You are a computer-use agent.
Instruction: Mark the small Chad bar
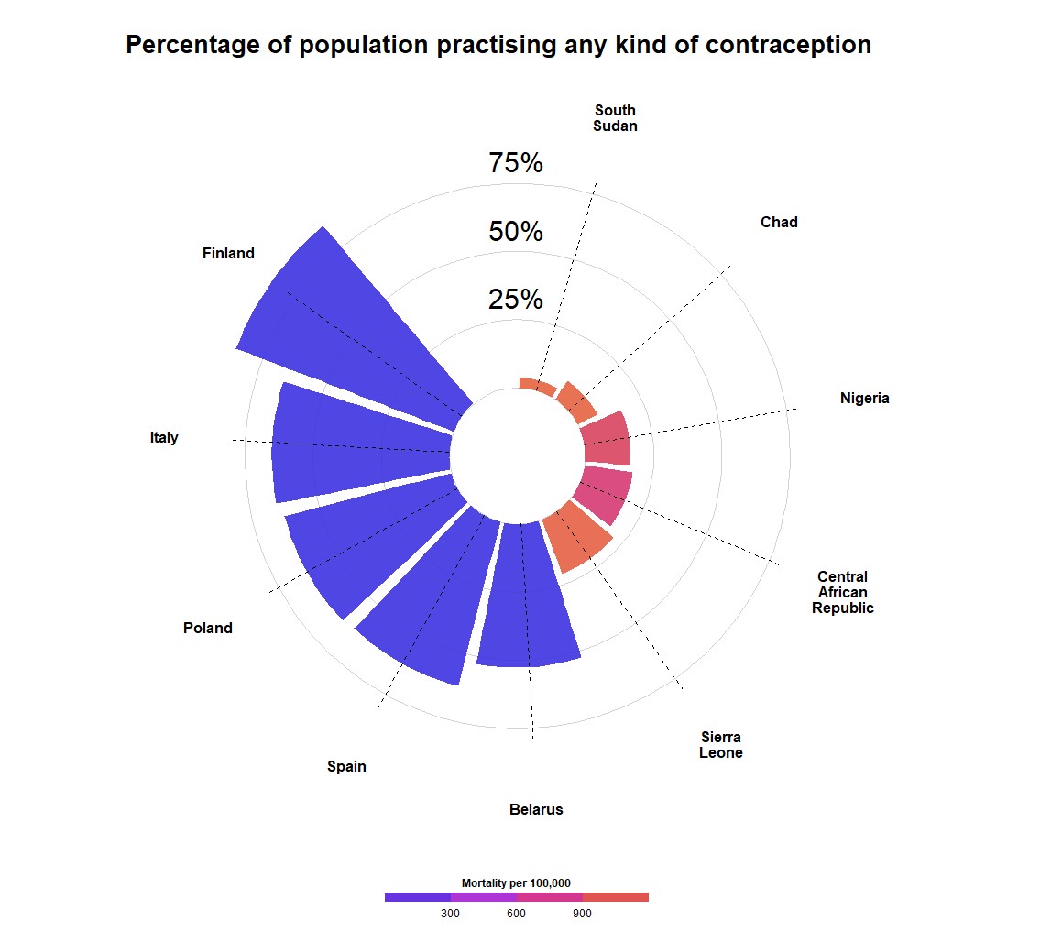pos(577,401)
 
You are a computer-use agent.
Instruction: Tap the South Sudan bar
pos(537,385)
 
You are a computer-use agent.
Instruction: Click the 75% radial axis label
pos(516,163)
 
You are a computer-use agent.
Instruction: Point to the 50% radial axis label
pos(516,232)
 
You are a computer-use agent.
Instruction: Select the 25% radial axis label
pos(516,300)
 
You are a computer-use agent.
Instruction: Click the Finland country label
pos(228,254)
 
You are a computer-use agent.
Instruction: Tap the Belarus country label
pos(536,810)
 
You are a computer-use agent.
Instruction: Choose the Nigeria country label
pos(864,399)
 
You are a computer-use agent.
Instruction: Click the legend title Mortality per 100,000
pos(516,882)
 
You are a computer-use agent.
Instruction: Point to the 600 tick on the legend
pos(516,913)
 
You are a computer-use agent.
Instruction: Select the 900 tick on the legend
pos(582,913)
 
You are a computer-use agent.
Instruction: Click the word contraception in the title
pos(779,44)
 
